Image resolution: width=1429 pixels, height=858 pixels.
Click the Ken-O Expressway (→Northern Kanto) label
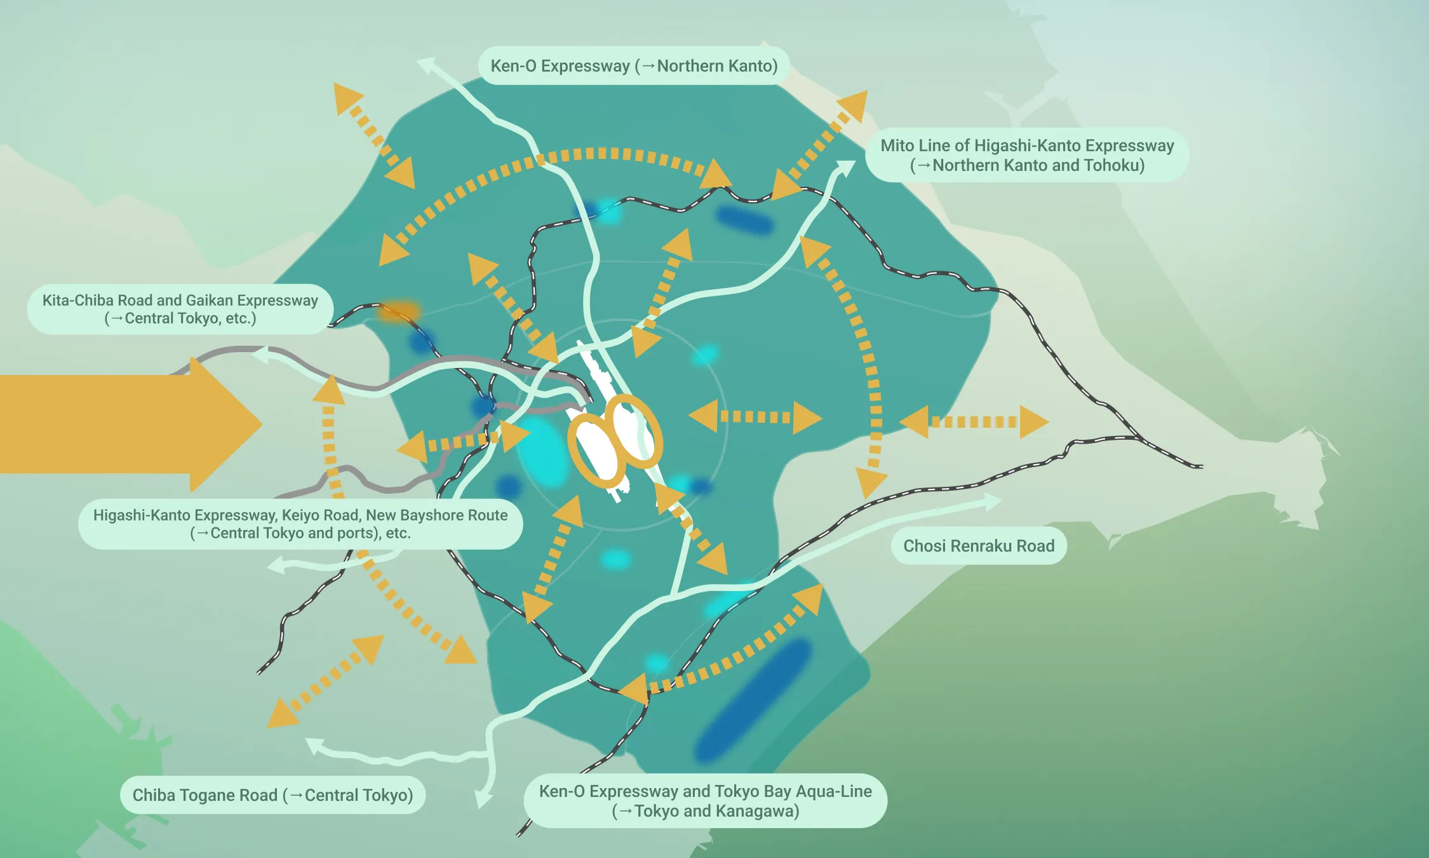click(x=634, y=66)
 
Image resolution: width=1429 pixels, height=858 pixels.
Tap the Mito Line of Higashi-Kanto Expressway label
click(x=1027, y=155)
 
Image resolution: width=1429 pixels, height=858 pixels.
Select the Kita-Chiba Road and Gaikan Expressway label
click(x=180, y=309)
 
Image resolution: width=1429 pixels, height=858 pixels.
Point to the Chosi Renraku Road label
click(x=979, y=546)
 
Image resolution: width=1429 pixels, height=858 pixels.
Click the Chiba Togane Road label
click(x=272, y=795)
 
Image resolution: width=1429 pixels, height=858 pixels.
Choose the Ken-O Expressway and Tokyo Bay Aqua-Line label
click(x=705, y=801)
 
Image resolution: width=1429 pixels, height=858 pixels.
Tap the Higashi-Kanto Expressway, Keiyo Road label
click(x=300, y=524)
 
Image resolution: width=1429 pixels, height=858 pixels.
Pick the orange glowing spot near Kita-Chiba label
click(x=398, y=311)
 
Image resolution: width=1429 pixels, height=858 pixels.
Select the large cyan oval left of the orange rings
click(x=542, y=451)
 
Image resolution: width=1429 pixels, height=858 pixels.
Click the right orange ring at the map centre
click(x=634, y=431)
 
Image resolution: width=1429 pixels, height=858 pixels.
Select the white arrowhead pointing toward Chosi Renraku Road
click(x=991, y=501)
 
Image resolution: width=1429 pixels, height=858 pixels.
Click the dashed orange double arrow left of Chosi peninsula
click(x=974, y=422)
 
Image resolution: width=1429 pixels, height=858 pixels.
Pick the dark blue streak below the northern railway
click(x=744, y=220)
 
